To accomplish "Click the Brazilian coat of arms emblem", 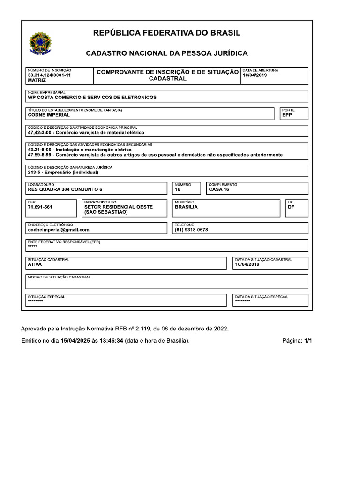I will tap(41, 43).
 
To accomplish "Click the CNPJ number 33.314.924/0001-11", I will tap(49, 75).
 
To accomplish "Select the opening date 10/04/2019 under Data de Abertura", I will tap(255, 75).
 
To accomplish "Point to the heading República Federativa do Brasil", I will tap(167, 33).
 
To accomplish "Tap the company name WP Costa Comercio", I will tap(92, 97).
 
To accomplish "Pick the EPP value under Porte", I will tap(287, 115).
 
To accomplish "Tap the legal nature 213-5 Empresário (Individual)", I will tap(63, 172).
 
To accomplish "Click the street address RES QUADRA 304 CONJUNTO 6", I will tap(65, 189).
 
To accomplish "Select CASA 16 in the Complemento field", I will tap(219, 189).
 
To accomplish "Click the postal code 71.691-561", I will tap(40, 207).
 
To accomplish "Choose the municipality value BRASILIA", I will tap(186, 207).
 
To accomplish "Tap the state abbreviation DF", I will tap(291, 207).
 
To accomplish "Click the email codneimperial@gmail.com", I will tap(59, 230).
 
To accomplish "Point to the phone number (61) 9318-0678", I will tap(191, 230).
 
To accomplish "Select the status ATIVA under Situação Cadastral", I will tap(35, 264).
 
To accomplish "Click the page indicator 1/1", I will tap(308, 341).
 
